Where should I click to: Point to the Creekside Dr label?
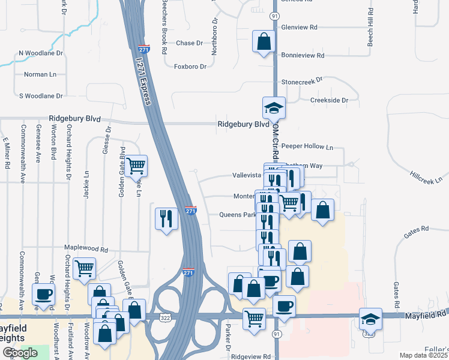click(329, 100)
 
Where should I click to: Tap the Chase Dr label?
click(185, 43)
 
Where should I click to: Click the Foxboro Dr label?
click(190, 66)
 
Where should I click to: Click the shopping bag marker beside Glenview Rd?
click(263, 41)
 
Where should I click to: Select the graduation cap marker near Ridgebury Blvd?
click(274, 108)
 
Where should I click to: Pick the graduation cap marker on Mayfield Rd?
click(370, 319)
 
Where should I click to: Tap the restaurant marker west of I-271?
click(166, 218)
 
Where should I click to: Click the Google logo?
click(20, 353)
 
